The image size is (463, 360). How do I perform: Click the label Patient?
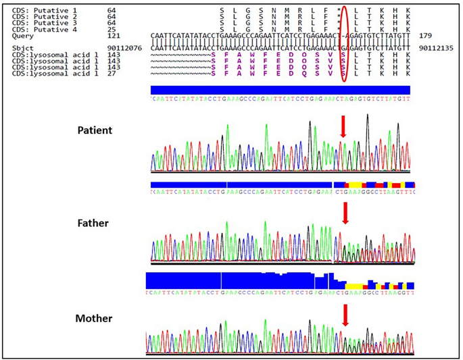tap(95, 130)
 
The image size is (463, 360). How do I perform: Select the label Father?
tap(93, 222)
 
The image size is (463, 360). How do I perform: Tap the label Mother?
tap(93, 318)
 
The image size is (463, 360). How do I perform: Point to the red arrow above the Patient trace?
tap(343, 126)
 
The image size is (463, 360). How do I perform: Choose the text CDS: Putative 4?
tap(41, 29)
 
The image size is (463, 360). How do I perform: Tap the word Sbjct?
tap(22, 49)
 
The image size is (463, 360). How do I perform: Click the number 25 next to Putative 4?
tap(112, 29)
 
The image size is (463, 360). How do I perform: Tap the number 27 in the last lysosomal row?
tap(112, 73)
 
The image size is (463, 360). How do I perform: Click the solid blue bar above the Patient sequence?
tap(280, 90)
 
